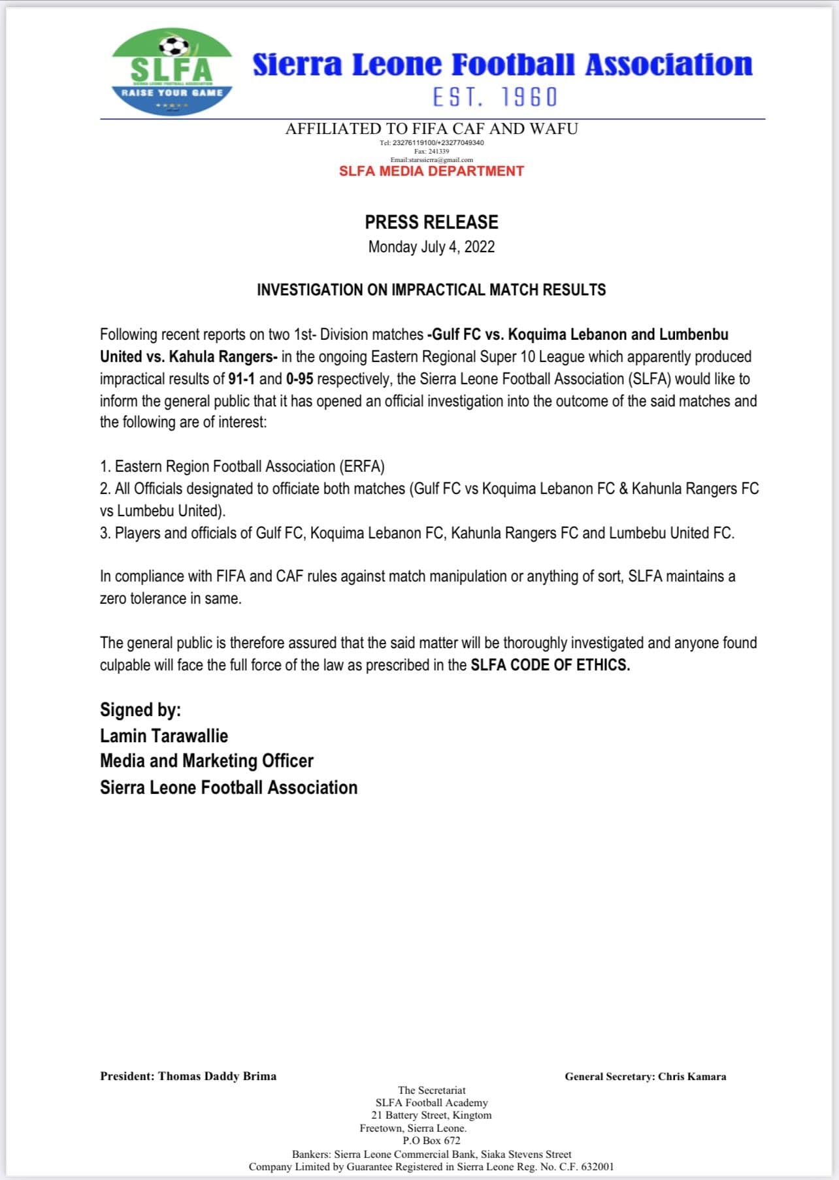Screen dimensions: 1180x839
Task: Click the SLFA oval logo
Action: [172, 72]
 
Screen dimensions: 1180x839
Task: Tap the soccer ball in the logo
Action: [174, 46]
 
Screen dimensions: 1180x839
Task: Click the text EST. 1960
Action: [495, 97]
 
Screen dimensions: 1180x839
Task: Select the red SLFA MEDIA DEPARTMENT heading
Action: [431, 171]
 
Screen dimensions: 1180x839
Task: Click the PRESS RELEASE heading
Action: [431, 222]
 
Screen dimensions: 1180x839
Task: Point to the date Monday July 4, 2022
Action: [431, 247]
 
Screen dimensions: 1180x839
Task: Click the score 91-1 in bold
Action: [241, 379]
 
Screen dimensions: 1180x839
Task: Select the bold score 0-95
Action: [299, 379]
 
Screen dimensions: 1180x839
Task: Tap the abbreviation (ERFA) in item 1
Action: [361, 467]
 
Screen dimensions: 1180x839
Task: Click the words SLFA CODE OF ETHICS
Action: [550, 665]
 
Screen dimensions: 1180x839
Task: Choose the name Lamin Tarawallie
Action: [164, 736]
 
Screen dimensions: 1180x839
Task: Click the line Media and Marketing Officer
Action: [206, 761]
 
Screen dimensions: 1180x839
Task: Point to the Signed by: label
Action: [140, 710]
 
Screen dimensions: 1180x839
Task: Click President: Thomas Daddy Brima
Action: [188, 1076]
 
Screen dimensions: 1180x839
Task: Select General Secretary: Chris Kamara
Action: [646, 1076]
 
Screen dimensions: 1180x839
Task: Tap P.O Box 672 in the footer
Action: [431, 1140]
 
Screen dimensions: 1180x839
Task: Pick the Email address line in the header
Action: [431, 159]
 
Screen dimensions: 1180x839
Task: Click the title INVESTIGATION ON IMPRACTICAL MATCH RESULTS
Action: [431, 290]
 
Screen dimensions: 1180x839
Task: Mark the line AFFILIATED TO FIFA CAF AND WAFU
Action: [431, 129]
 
